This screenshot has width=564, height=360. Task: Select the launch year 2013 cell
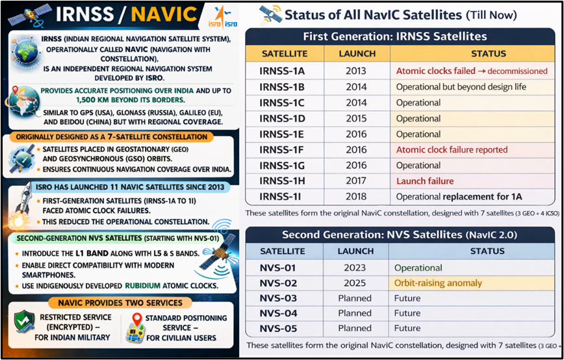(356, 71)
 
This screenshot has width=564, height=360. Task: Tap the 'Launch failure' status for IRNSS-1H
(424, 181)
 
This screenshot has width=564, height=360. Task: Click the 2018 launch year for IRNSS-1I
(356, 196)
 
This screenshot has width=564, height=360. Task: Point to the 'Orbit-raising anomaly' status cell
(438, 283)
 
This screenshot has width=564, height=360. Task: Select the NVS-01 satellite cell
(278, 267)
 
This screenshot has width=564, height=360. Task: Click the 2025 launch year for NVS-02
(356, 283)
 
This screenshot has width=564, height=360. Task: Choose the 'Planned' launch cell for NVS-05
(356, 328)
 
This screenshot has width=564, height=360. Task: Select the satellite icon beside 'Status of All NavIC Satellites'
(268, 14)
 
